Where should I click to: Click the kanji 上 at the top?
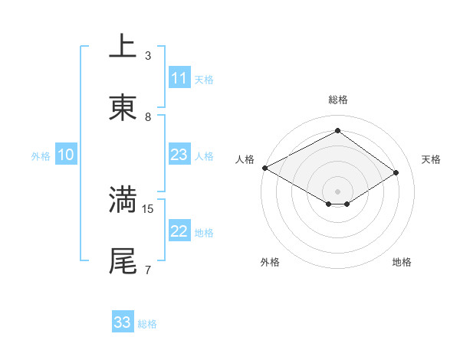(x=123, y=47)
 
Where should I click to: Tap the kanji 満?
(x=123, y=199)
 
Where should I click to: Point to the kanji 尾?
(x=123, y=261)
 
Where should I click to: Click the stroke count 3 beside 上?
(x=148, y=56)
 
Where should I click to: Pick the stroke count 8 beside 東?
(x=148, y=117)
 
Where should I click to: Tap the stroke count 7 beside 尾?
(x=148, y=270)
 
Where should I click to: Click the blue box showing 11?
(x=179, y=78)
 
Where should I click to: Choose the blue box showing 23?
(x=179, y=155)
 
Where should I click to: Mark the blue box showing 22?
(x=179, y=231)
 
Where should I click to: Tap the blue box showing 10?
(x=66, y=155)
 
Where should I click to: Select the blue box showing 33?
(x=122, y=322)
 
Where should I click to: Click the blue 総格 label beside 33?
(x=147, y=324)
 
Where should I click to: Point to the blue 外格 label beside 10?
(x=41, y=156)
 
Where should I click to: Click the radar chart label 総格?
(x=338, y=100)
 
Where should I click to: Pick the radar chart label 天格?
(x=432, y=159)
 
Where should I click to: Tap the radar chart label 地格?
(x=402, y=262)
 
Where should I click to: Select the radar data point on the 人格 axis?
(x=264, y=168)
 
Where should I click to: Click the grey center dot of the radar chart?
(x=338, y=191)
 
